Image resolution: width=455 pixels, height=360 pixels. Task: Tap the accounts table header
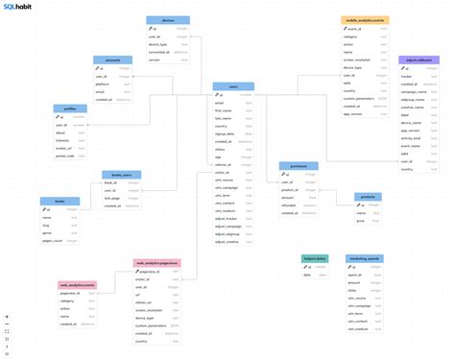pos(112,60)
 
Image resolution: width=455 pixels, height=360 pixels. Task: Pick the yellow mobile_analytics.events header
pos(365,19)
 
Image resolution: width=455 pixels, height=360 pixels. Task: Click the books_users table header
pos(122,174)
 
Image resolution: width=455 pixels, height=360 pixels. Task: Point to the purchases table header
pos(299,165)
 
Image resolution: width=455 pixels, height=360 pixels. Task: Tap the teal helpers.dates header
pos(315,258)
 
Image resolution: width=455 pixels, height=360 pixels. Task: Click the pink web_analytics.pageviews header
pos(156,263)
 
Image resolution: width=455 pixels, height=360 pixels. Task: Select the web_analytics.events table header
pos(77,285)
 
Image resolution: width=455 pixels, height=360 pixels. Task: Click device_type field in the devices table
pos(159,43)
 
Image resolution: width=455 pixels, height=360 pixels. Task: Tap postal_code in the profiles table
pos(66,156)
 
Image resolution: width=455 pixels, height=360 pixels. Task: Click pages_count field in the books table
pos(55,241)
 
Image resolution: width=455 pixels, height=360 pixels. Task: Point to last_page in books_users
pos(113,198)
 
